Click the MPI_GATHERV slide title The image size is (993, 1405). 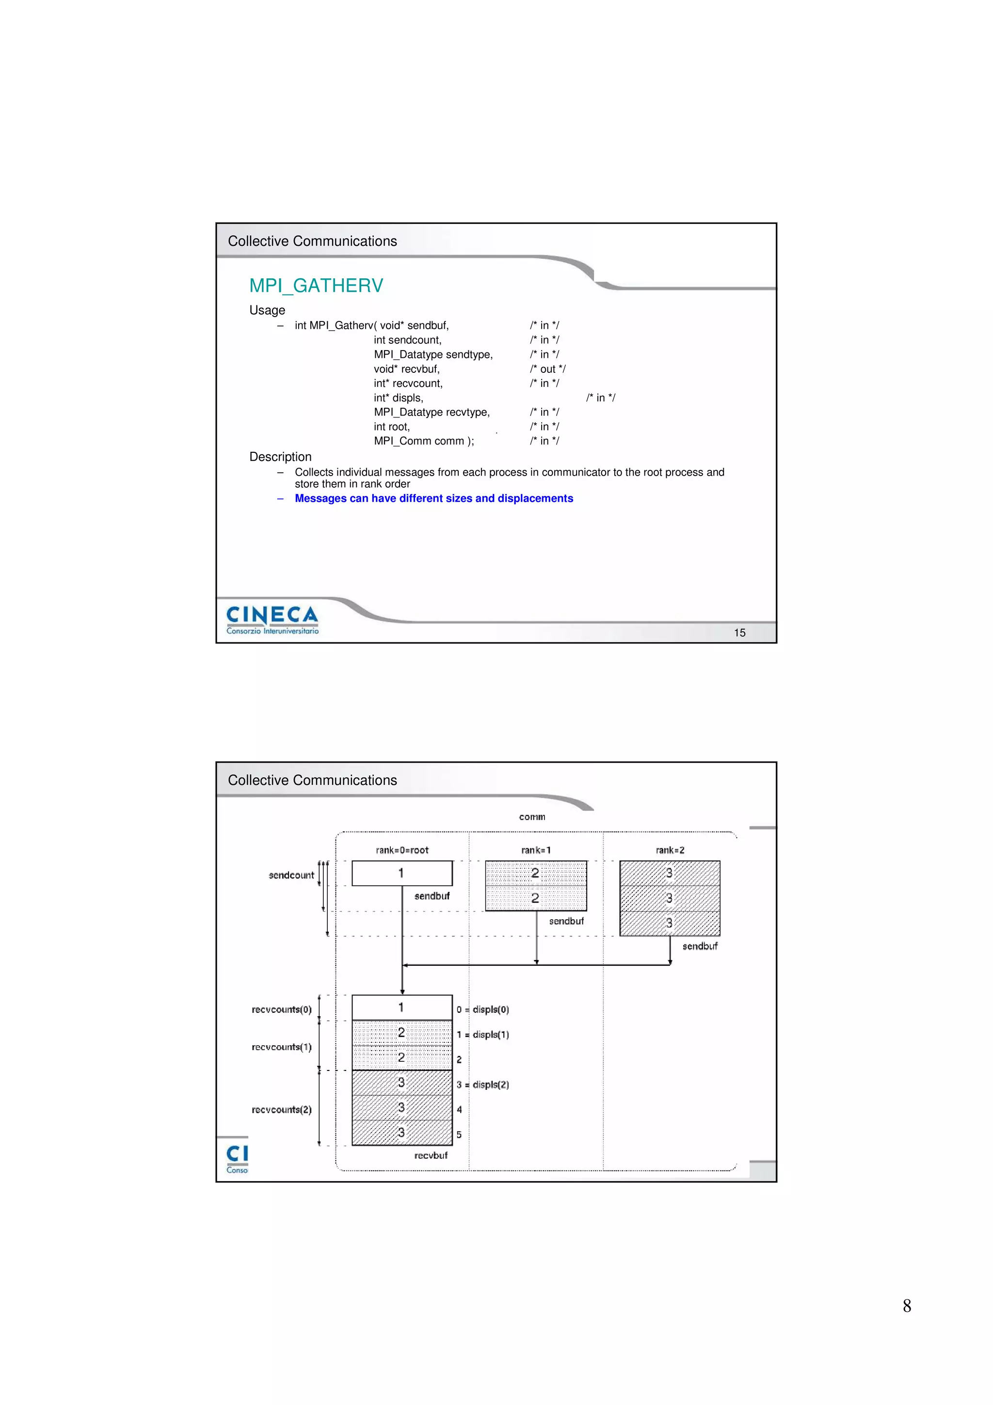[316, 286]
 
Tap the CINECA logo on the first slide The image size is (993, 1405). [272, 619]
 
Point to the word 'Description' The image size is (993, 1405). [280, 457]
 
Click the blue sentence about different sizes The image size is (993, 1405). [434, 498]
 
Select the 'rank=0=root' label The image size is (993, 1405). [402, 850]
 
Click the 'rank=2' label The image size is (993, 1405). [670, 850]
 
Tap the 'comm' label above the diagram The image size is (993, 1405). [532, 817]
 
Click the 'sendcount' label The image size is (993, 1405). [291, 875]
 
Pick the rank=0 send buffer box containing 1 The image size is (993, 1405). [402, 873]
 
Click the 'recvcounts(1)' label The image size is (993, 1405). [281, 1047]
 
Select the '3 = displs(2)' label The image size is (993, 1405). [483, 1085]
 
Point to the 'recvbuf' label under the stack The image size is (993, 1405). [431, 1155]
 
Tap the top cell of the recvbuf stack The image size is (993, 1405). [402, 1007]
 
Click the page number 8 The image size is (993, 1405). [907, 1306]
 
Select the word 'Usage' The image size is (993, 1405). [267, 310]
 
